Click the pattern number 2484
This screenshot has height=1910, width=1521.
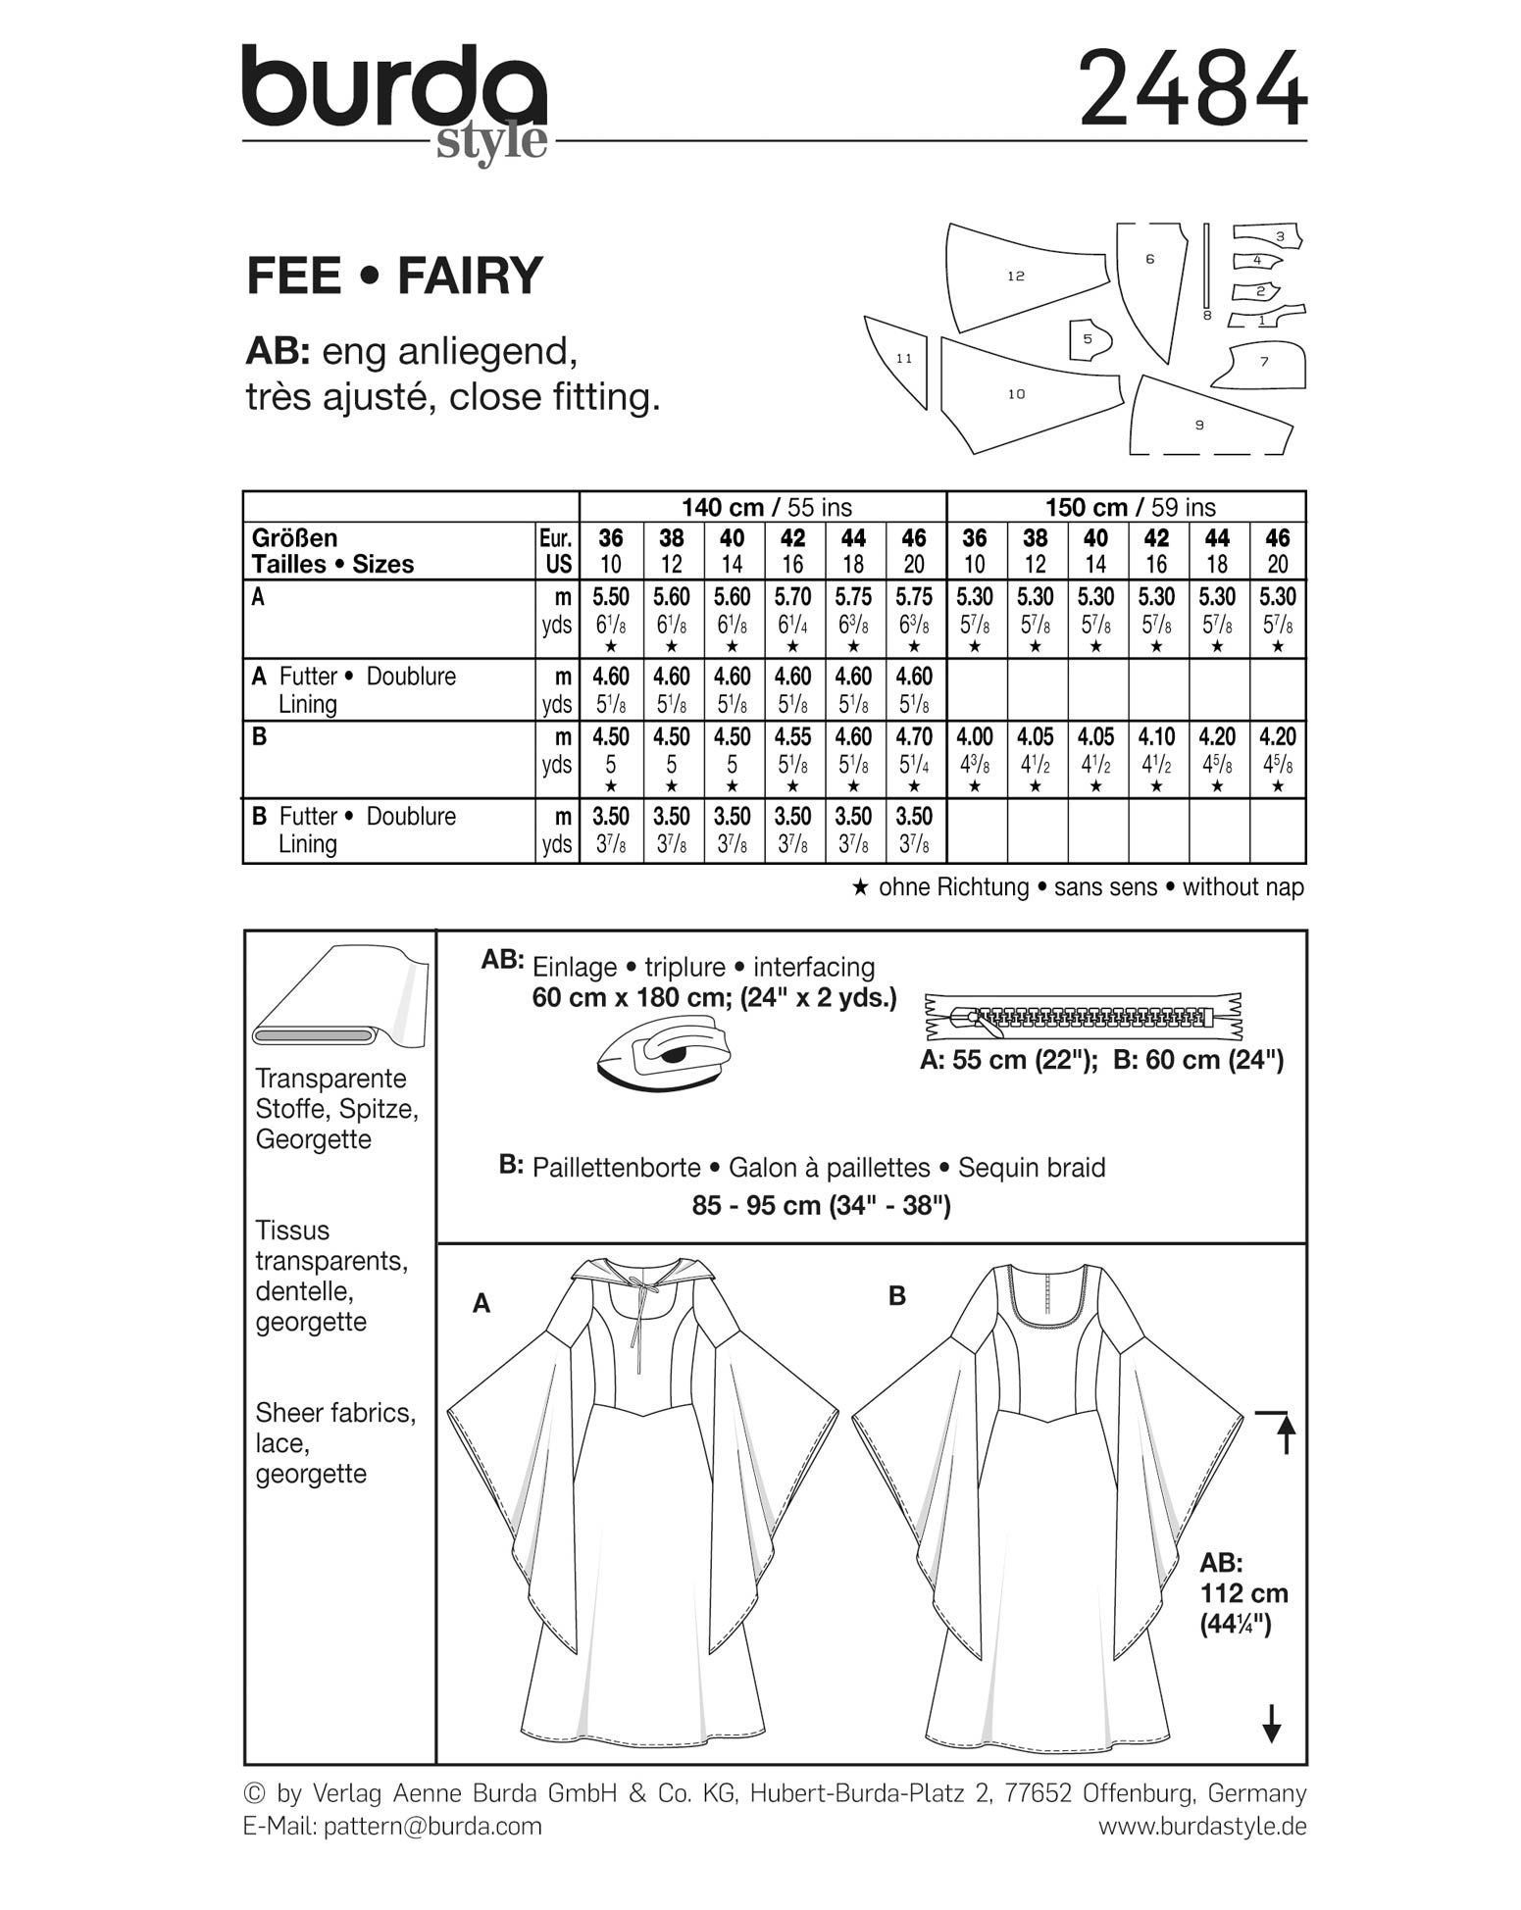click(x=1192, y=89)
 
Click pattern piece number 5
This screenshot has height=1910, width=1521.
click(x=1089, y=339)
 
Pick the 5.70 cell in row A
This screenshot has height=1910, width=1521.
click(x=792, y=597)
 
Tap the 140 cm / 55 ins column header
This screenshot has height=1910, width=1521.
click(x=766, y=507)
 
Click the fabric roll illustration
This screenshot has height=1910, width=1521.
click(x=338, y=1000)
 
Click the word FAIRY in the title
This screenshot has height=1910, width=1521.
click(x=469, y=276)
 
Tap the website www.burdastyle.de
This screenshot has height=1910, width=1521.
click(x=1201, y=1827)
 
